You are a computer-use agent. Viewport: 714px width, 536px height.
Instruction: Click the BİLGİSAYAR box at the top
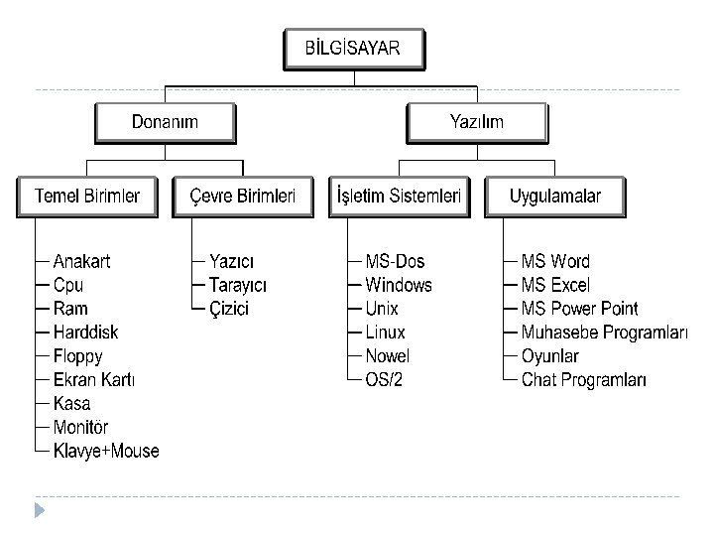(354, 48)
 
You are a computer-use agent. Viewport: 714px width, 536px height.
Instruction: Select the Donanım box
(165, 122)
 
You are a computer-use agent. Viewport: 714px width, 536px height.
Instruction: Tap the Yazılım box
(477, 122)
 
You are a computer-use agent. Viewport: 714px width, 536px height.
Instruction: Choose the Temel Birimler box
(86, 197)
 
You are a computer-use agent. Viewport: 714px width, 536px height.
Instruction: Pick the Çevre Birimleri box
(242, 197)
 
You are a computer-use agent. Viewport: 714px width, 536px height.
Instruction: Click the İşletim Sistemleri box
(398, 197)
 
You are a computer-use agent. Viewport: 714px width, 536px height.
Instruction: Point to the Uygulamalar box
(554, 197)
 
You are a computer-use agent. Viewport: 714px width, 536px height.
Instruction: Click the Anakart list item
(81, 262)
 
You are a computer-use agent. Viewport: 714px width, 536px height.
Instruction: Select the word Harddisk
(85, 333)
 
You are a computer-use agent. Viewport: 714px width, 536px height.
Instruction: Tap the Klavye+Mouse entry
(106, 452)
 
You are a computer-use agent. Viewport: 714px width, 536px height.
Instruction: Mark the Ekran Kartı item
(94, 380)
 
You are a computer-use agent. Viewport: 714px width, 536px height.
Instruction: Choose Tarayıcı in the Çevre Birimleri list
(238, 286)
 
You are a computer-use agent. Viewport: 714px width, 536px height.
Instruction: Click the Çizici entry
(229, 309)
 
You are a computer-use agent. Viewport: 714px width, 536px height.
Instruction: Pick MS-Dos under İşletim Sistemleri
(395, 262)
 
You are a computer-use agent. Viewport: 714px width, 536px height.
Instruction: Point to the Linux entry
(385, 333)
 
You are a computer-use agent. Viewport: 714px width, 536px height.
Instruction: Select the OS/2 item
(384, 380)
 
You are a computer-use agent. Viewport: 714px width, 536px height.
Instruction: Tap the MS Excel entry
(555, 286)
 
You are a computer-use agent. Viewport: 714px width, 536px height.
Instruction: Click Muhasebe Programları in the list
(604, 333)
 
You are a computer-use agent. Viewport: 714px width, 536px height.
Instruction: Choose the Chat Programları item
(584, 380)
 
